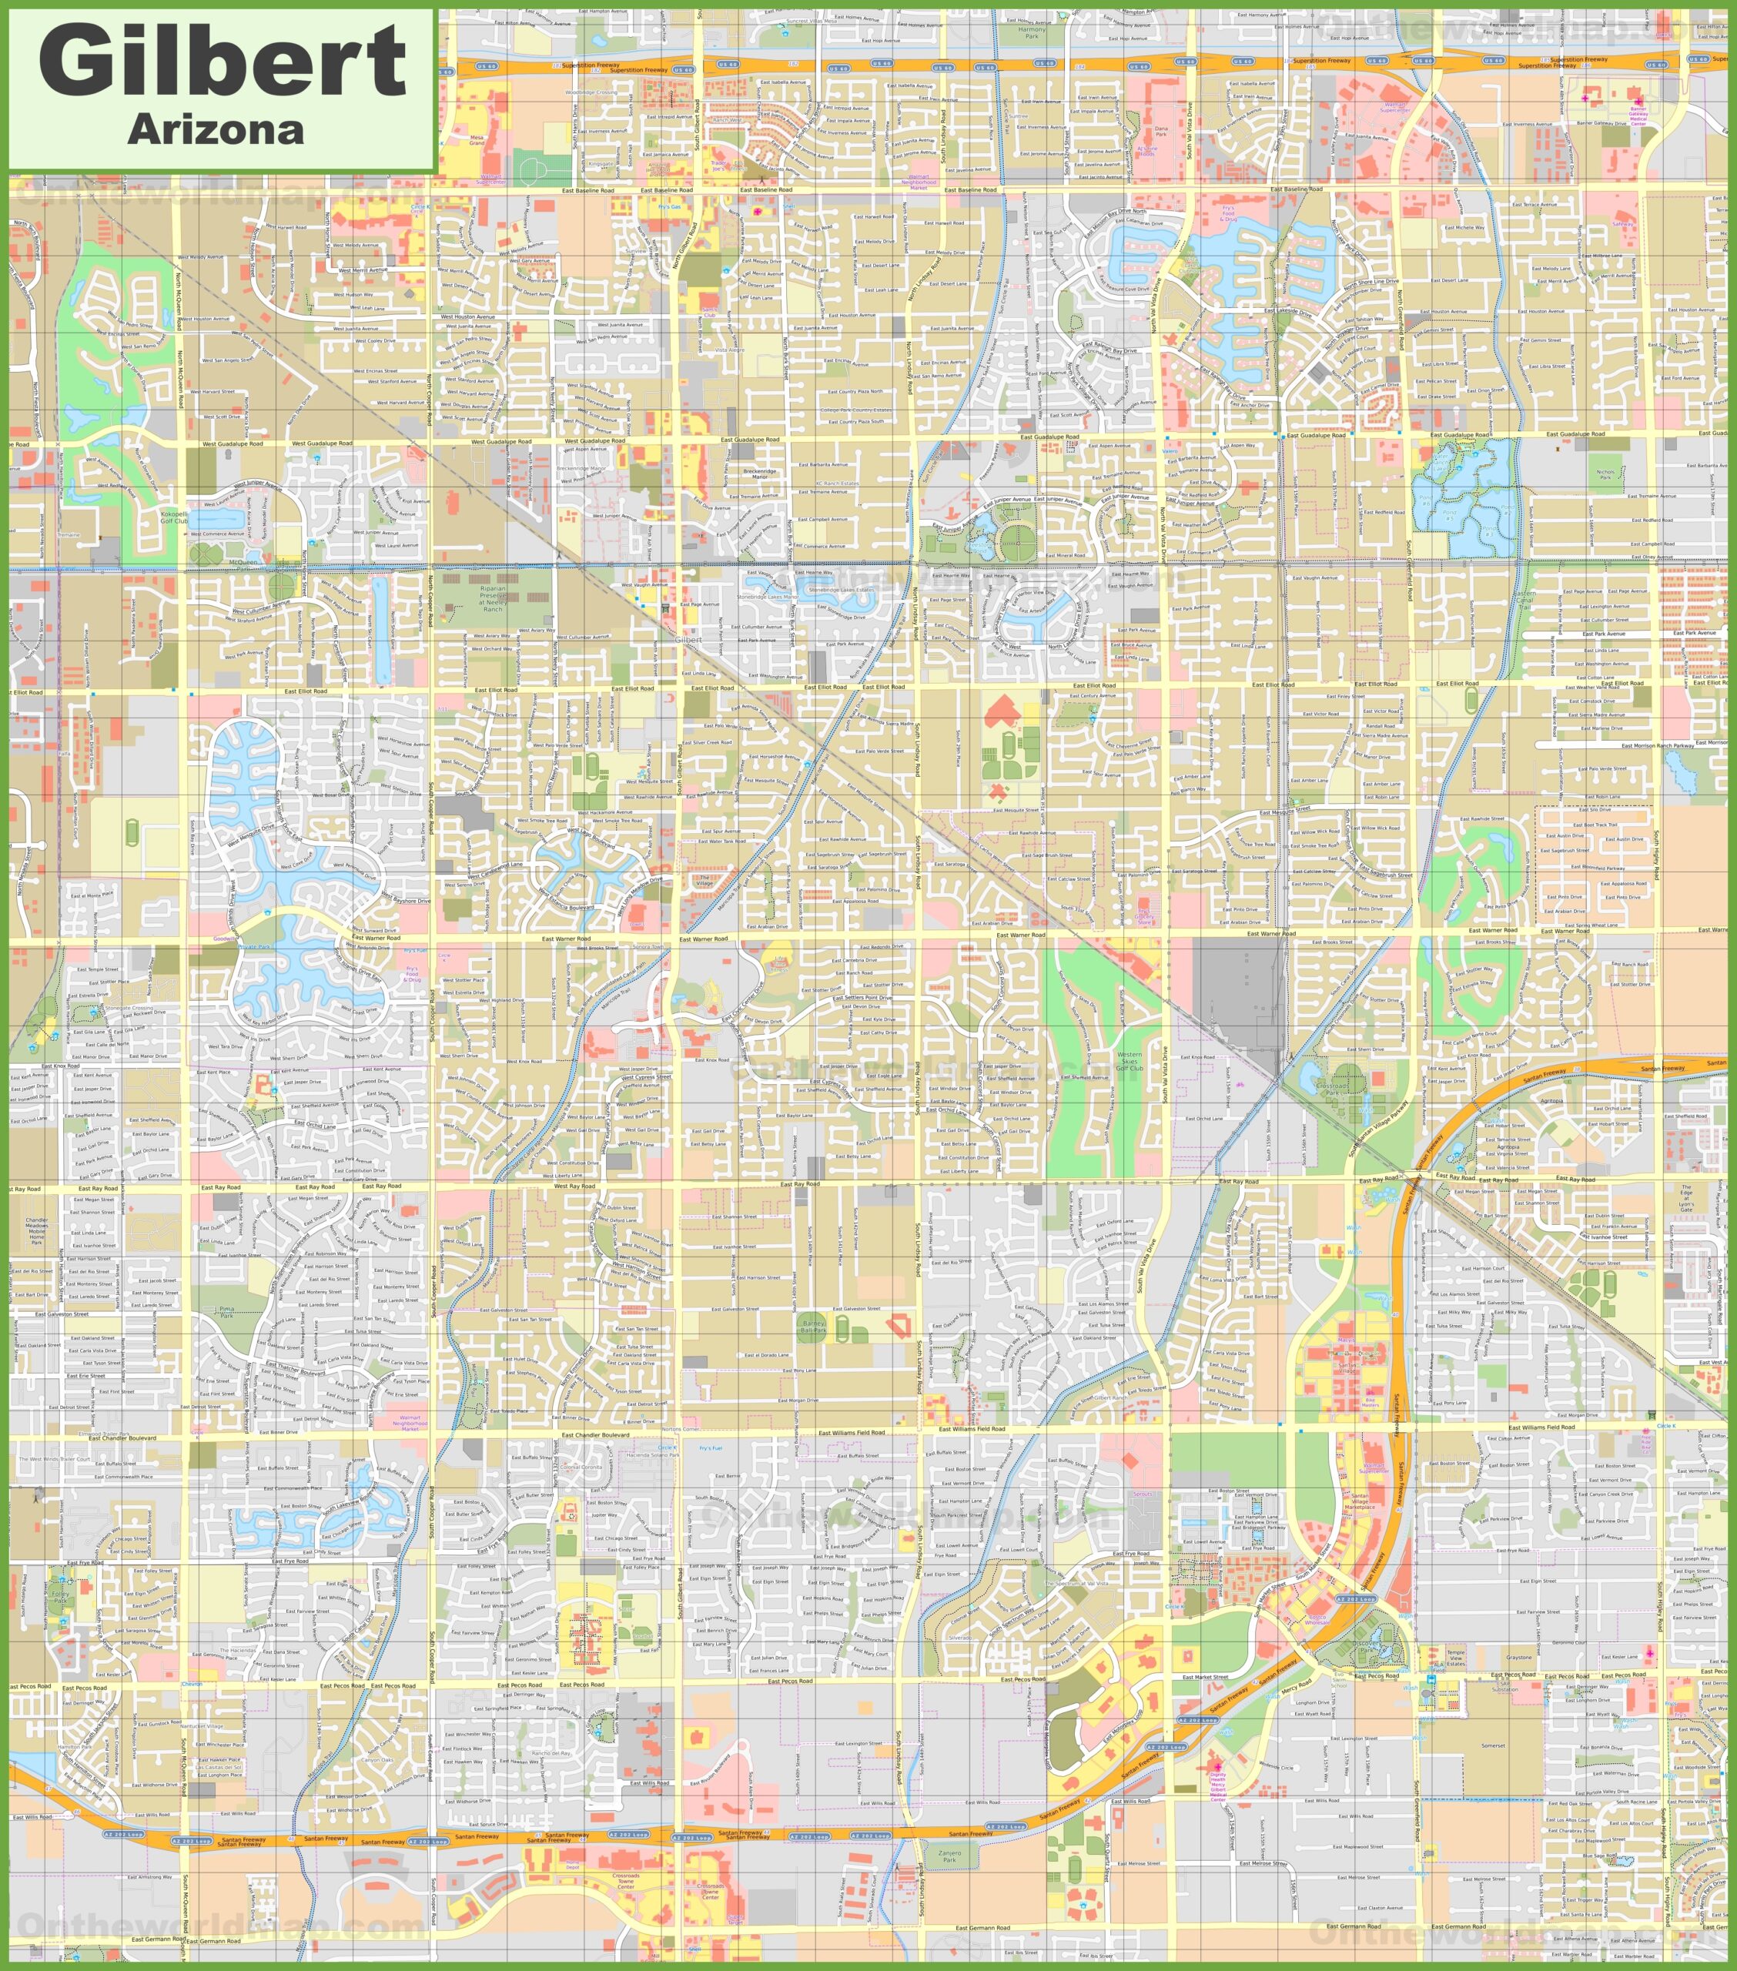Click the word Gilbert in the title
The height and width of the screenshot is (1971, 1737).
(222, 60)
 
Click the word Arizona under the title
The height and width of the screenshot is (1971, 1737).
(216, 130)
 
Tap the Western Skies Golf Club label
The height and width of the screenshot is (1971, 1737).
(1130, 1062)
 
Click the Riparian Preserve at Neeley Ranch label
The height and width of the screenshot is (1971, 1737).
(492, 598)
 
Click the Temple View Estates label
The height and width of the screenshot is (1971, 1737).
(1455, 1658)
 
